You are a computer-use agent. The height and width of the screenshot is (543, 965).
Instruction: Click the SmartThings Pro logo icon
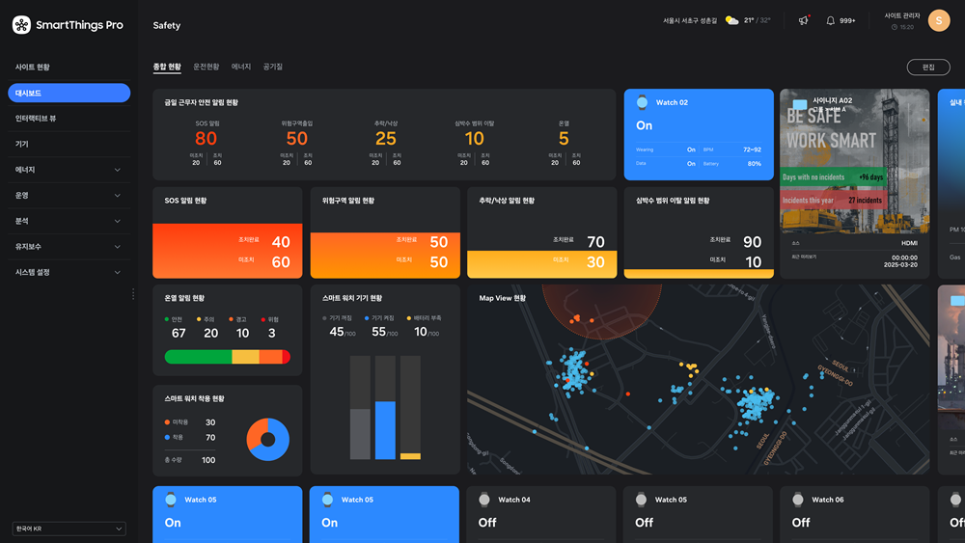point(21,25)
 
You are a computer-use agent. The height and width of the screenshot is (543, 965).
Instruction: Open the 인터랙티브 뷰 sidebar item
point(36,118)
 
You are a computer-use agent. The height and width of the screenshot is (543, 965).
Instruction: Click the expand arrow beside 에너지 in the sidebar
point(118,170)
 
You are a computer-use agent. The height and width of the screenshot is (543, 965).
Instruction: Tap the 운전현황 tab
point(207,67)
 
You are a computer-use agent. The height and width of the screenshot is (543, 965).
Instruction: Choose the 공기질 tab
point(273,67)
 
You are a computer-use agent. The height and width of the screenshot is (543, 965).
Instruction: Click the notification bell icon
point(830,20)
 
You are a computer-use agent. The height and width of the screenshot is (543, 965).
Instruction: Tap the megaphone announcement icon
point(803,20)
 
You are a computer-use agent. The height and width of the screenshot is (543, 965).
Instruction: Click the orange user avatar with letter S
point(938,20)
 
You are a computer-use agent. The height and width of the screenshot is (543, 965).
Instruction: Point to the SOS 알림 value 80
point(206,139)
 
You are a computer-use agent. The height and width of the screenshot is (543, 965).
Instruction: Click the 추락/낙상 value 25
point(386,139)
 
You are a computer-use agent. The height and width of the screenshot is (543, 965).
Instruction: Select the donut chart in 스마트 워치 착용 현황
point(268,439)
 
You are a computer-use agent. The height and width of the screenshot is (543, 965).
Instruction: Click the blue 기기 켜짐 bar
point(385,430)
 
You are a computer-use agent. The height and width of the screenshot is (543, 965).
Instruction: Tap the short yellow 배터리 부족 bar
point(410,456)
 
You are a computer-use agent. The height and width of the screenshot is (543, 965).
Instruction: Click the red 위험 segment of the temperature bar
point(286,357)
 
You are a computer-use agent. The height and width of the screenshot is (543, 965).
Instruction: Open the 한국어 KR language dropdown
point(69,529)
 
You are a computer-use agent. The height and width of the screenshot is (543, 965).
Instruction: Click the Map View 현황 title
point(503,298)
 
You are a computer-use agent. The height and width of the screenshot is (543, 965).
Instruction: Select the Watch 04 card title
point(513,500)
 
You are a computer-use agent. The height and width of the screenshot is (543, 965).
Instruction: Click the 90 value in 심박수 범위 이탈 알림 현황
point(752,242)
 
